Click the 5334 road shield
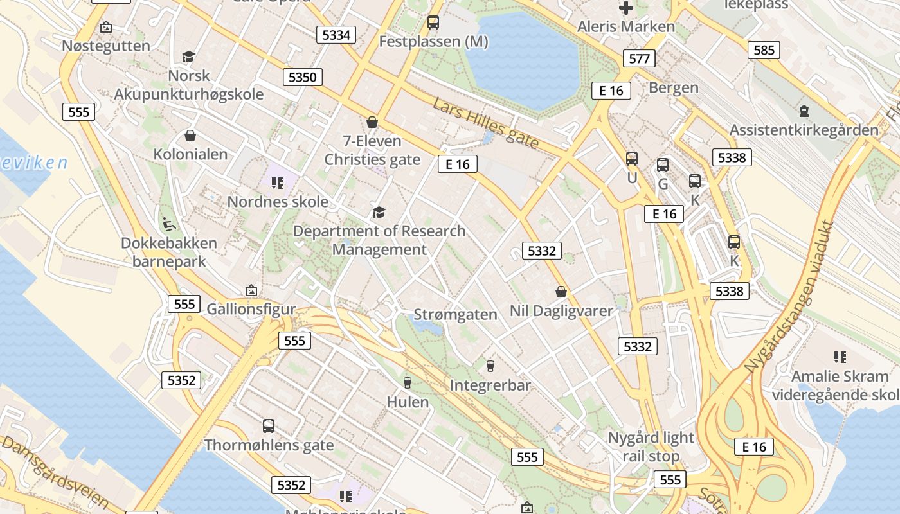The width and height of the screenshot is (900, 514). pos(336,35)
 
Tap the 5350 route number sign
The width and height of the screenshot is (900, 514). pos(302,77)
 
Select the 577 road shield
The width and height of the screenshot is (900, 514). pos(639,58)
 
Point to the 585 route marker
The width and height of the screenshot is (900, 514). pos(764,49)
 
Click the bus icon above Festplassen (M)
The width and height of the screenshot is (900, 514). pos(433,22)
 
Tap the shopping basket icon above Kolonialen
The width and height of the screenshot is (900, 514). pos(190,136)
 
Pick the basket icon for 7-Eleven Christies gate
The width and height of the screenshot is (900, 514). pos(372,122)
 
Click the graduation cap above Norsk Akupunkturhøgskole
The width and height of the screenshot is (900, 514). pos(188,57)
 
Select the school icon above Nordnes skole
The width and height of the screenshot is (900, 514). pos(278,183)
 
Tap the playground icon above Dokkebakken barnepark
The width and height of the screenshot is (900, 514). pos(168,224)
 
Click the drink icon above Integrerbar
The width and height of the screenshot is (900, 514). pos(491,366)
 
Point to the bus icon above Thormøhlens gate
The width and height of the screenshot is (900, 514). pos(269,425)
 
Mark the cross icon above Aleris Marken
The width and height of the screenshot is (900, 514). pos(625,8)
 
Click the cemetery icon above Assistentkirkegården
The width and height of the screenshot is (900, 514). pos(804,111)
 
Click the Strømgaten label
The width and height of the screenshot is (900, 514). pos(455,314)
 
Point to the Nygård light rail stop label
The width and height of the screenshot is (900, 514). pos(651,447)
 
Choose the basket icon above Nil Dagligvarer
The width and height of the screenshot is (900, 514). pos(561,292)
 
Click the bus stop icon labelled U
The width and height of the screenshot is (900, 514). pos(632,159)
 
